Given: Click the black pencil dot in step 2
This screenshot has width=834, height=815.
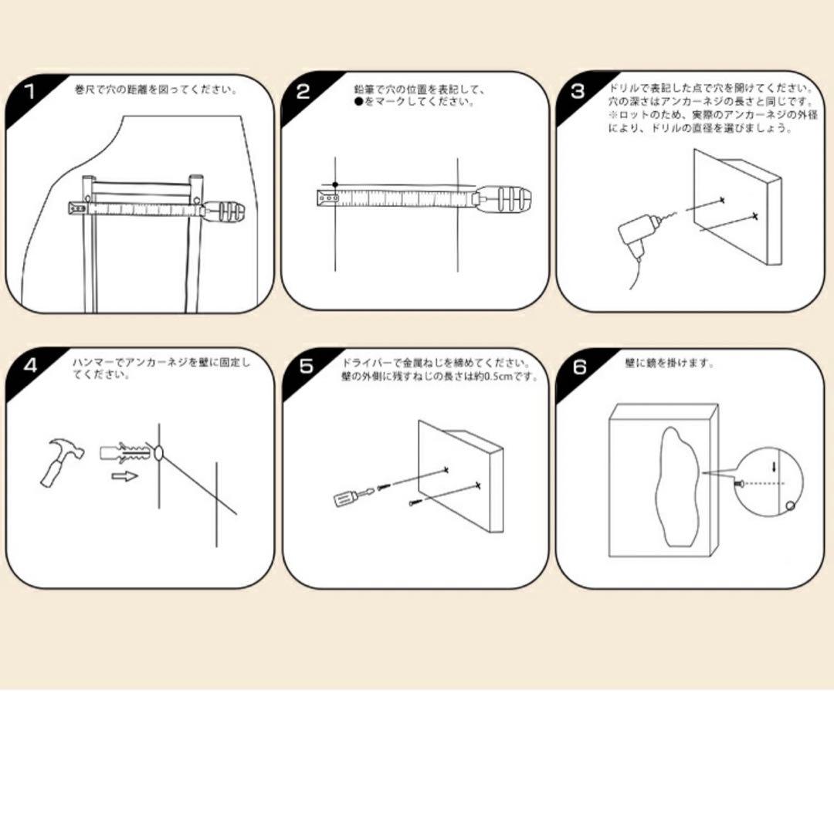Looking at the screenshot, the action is (335, 184).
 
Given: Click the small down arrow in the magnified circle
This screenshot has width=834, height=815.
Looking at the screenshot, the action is (774, 466).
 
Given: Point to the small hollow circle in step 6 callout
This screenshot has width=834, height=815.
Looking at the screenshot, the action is (791, 506).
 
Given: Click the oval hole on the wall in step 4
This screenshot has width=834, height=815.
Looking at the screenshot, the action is (159, 454).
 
